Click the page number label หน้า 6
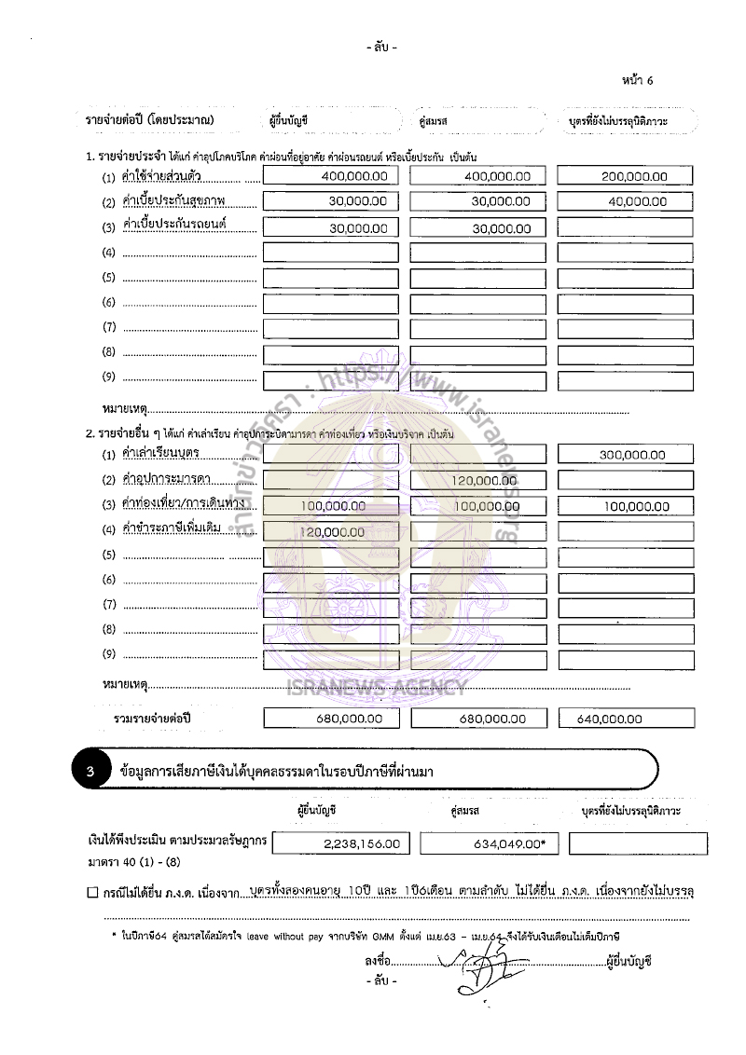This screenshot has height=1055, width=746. point(637,80)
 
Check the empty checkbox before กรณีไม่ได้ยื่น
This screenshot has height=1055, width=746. point(91,893)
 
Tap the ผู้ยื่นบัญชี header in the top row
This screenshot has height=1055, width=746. point(288,121)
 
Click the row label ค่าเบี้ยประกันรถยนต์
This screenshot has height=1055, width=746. point(175,226)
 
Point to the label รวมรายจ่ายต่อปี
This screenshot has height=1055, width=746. point(152,719)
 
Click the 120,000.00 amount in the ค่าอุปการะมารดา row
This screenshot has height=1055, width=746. point(477,481)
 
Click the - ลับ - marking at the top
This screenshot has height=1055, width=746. point(382,47)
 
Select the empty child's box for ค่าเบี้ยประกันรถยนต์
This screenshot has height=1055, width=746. point(625,226)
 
